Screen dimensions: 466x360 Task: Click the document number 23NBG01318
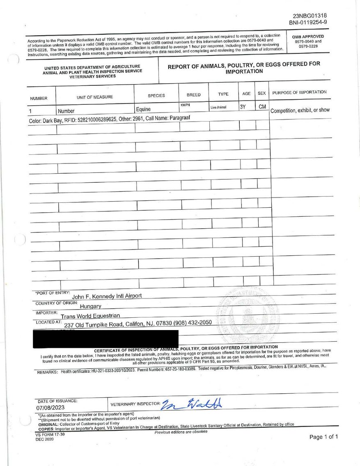310,16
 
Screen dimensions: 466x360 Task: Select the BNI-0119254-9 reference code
308,23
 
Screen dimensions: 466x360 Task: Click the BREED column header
193,95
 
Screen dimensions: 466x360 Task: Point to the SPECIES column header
156,96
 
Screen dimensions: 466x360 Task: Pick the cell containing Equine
143,109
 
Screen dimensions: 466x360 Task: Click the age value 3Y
243,107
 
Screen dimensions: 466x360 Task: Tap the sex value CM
262,107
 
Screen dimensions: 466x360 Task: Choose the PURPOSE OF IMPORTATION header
299,92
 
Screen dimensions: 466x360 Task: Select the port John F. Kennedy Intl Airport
107,296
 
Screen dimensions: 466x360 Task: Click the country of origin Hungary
90,306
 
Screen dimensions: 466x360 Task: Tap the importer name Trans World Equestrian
90,316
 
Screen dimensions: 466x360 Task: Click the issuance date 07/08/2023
51,408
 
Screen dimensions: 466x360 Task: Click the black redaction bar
105,339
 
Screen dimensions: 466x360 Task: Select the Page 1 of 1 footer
323,437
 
